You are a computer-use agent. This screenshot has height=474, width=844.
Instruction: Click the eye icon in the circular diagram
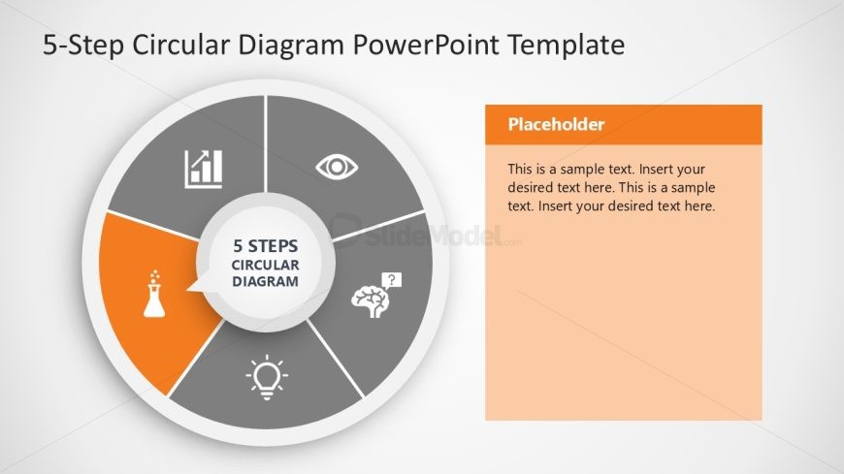tap(337, 167)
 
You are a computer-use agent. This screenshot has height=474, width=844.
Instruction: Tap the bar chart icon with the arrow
tap(204, 169)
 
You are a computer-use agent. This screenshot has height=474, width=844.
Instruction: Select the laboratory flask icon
tap(154, 294)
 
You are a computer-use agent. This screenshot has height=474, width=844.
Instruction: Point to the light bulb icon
tap(267, 377)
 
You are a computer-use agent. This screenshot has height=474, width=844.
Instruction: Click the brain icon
tap(371, 302)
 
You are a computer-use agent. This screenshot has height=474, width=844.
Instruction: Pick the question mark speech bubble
tap(392, 281)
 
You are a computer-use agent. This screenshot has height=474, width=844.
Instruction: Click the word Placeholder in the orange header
tap(556, 124)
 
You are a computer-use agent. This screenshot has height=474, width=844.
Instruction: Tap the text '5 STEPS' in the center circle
tap(266, 246)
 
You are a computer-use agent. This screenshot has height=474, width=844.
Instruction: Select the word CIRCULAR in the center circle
tap(266, 265)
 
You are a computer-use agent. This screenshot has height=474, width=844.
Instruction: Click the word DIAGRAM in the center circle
tap(266, 281)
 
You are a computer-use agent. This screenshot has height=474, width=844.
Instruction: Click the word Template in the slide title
tap(567, 45)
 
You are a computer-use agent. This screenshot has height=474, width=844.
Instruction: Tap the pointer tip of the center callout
tap(187, 291)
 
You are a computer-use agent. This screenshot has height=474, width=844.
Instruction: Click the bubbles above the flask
tap(155, 276)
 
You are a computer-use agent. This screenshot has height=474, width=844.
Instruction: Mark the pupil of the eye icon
tap(337, 167)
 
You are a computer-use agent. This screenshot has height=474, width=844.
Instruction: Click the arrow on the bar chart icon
tap(201, 158)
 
